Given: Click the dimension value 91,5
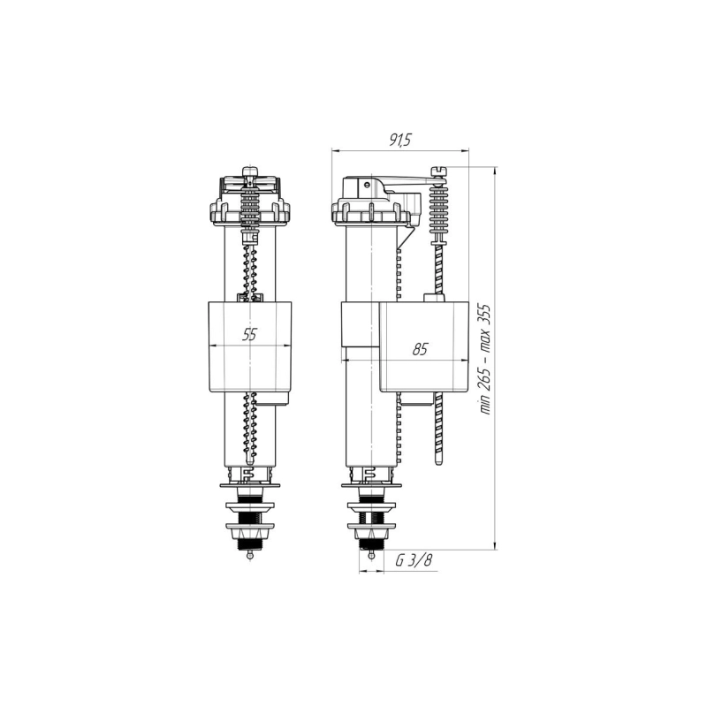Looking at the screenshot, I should (x=400, y=140).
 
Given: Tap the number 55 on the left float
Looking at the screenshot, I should (x=250, y=334).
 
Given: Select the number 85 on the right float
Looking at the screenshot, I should (x=420, y=349).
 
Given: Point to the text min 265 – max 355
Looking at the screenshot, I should (x=483, y=358).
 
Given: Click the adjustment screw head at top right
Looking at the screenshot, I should (x=439, y=171).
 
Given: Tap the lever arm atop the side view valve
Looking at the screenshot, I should (x=398, y=184).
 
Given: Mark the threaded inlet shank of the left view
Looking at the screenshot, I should (x=250, y=521).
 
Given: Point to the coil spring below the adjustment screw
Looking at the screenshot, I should (x=439, y=210).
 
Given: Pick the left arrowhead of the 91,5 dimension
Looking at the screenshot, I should (x=335, y=150).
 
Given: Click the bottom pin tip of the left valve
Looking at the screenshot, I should (x=250, y=557).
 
